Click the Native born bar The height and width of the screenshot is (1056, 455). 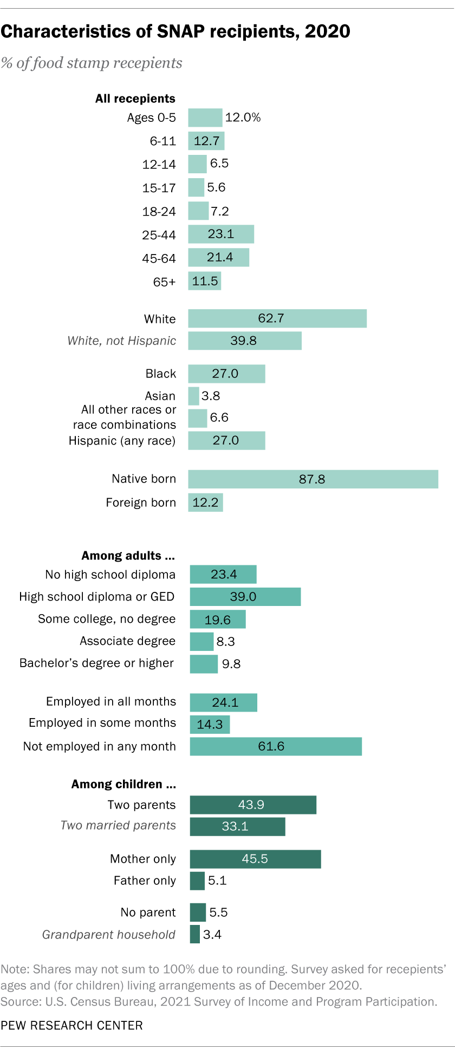point(313,479)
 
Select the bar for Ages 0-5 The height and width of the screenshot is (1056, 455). point(205,118)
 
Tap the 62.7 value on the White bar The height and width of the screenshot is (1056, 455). point(271,318)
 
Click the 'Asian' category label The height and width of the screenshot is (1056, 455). point(160,396)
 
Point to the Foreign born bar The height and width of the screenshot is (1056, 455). point(205,503)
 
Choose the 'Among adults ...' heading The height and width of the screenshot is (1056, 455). point(128,556)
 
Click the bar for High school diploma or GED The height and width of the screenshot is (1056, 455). point(245,597)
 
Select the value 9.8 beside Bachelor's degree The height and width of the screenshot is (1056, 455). point(231,664)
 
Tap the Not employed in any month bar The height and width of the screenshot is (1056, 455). point(275,746)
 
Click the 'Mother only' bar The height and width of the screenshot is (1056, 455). point(255,859)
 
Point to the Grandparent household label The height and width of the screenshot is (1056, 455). point(109,935)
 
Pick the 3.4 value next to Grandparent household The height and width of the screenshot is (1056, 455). point(212,935)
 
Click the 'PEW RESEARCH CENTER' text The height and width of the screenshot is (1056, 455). point(71,1026)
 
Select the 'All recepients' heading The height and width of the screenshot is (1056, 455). point(135,99)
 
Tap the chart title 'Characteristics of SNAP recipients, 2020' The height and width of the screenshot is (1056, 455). point(175,31)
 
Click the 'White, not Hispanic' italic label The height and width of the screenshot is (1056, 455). point(121,341)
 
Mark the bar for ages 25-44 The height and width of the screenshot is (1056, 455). point(221,234)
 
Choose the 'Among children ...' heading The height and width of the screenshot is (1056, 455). point(123,784)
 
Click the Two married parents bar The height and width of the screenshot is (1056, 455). point(237,826)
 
